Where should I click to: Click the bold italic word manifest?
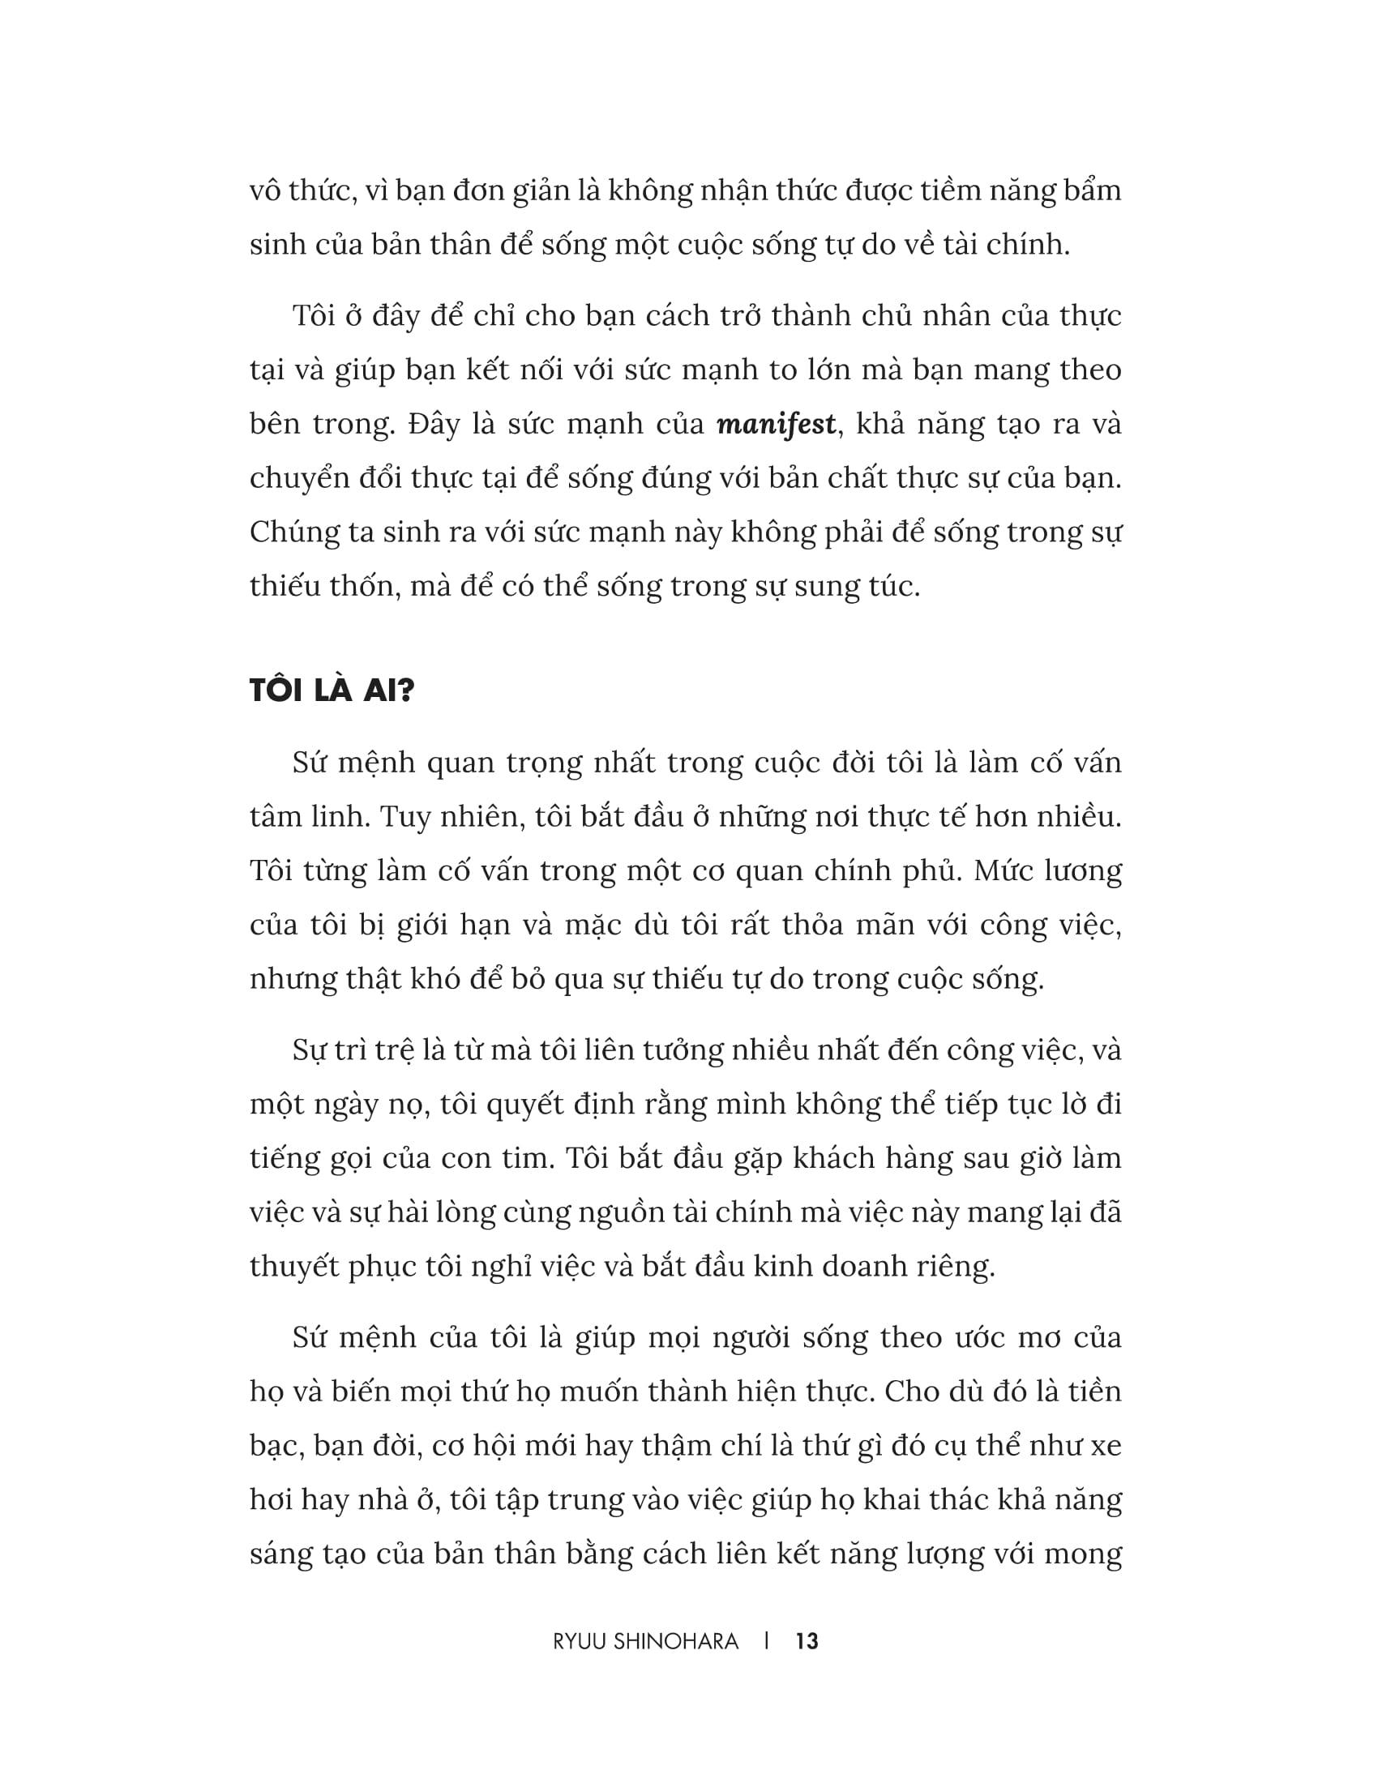tap(777, 425)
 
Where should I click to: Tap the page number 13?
tap(807, 1642)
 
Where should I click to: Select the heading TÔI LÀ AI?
tap(332, 691)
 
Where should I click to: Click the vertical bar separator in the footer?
tap(768, 1642)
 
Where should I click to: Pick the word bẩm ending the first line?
tap(1085, 191)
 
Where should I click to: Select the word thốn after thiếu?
tap(366, 586)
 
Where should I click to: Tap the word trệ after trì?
tap(386, 1050)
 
